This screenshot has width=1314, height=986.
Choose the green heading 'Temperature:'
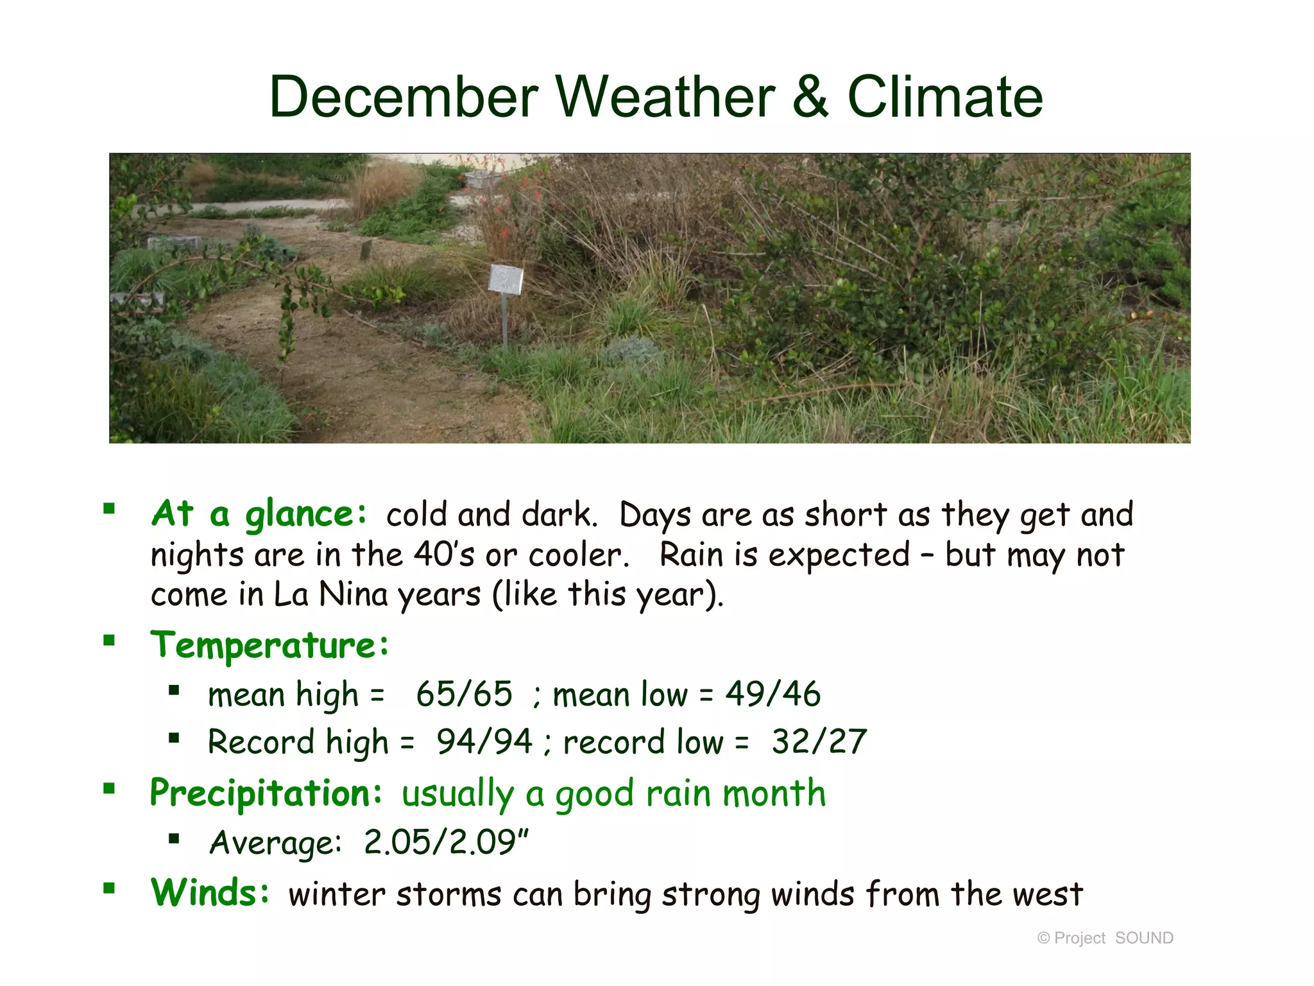coord(269,644)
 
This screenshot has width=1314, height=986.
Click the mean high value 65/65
coord(464,695)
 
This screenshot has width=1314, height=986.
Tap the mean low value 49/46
coord(772,695)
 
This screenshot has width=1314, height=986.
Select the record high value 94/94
coord(484,742)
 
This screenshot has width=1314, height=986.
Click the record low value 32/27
coord(819,742)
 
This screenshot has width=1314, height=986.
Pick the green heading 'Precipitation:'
coord(266,793)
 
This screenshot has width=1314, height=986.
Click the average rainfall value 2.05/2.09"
coord(446,842)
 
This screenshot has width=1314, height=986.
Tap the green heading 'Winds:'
coord(210,893)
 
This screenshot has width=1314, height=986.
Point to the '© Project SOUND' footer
coord(1105,938)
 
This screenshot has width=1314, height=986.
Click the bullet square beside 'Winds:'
coord(109,888)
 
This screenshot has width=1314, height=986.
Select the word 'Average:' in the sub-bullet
coord(276,843)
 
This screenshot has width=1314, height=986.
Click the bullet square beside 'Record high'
coord(173,738)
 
